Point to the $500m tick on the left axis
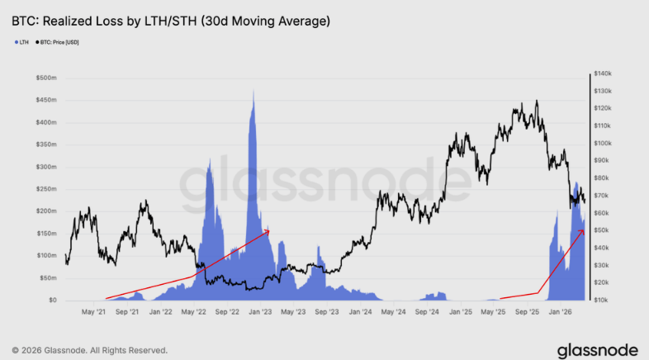pyautogui.click(x=45, y=78)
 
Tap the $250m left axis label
pyautogui.click(x=45, y=189)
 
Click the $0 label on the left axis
pyautogui.click(x=51, y=301)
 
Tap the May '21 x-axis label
pyautogui.click(x=94, y=312)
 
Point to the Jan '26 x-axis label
pyautogui.click(x=561, y=312)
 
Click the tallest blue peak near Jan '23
pyautogui.click(x=253, y=90)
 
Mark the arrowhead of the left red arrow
pyautogui.click(x=268, y=232)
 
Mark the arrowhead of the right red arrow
pyautogui.click(x=585, y=231)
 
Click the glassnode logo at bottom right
pyautogui.click(x=596, y=349)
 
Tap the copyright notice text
pyautogui.click(x=89, y=349)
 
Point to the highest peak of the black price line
pyautogui.click(x=537, y=101)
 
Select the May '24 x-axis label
pyautogui.click(x=394, y=312)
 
